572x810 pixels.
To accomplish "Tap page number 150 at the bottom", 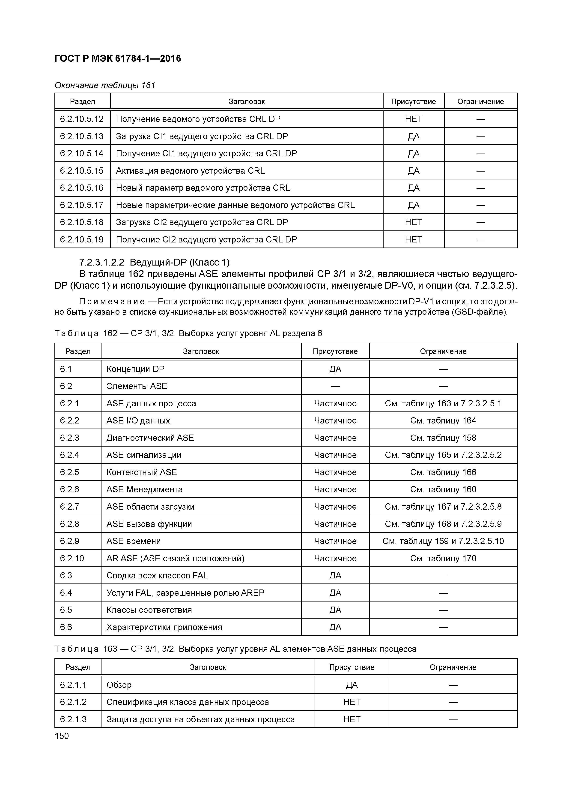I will click(x=62, y=736).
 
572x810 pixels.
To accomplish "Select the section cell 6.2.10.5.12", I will click(x=82, y=119).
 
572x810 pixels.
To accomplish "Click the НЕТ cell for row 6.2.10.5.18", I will click(x=413, y=222).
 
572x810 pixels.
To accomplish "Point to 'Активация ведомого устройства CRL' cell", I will click(x=190, y=171).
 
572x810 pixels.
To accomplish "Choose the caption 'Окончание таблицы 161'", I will click(x=105, y=85).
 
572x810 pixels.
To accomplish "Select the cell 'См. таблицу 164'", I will click(x=443, y=420).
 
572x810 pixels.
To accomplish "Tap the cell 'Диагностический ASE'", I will click(x=150, y=438).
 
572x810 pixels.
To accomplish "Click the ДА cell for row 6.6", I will click(x=335, y=627).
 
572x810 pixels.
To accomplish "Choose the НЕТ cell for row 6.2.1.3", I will click(x=352, y=719).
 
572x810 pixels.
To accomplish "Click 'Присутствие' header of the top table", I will click(x=413, y=102).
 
